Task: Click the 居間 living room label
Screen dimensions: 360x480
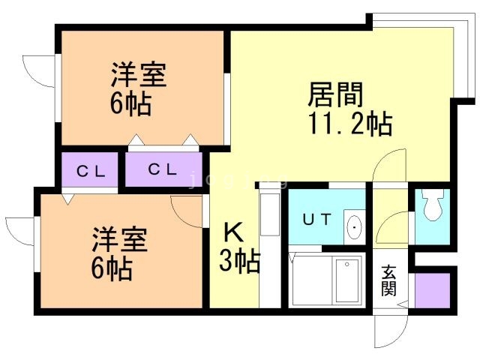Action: pyautogui.click(x=335, y=94)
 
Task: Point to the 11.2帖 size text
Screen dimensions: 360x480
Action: pyautogui.click(x=349, y=124)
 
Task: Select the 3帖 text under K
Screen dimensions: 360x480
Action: pyautogui.click(x=239, y=262)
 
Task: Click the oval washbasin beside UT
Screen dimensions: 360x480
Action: pyautogui.click(x=353, y=225)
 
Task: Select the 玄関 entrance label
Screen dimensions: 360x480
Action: pyautogui.click(x=388, y=280)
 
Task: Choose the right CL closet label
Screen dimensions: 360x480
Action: pyautogui.click(x=162, y=169)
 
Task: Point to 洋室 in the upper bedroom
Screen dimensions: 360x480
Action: pyautogui.click(x=139, y=76)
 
